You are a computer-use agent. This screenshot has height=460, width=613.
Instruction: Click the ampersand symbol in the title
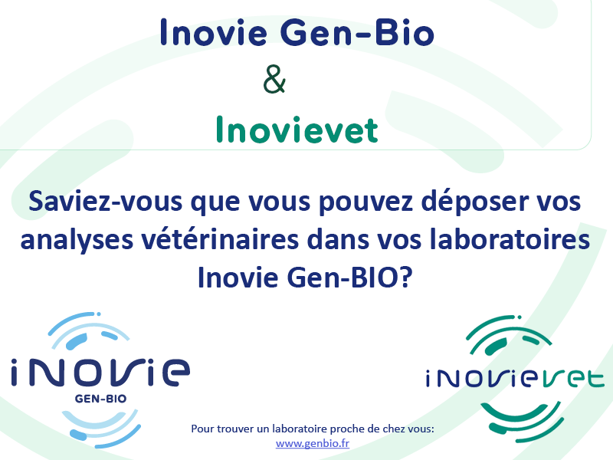point(274,79)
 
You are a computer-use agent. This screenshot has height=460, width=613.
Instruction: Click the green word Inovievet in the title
point(297,129)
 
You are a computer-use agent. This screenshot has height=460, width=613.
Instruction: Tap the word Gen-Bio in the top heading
point(357,32)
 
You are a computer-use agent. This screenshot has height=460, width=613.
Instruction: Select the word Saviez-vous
point(106,201)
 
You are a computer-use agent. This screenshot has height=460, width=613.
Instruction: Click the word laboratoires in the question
point(510,239)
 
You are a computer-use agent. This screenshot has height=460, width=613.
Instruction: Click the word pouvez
point(366,202)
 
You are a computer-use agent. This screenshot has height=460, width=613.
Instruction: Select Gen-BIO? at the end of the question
point(349,278)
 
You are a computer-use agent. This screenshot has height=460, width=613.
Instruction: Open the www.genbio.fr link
point(313,444)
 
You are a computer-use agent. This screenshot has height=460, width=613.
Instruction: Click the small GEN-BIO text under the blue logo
point(100,399)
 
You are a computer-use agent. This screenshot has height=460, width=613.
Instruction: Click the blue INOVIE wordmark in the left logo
point(100,372)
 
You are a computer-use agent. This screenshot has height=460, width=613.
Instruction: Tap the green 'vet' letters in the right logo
point(570,379)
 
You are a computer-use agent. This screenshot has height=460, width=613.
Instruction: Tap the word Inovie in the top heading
point(214,32)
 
